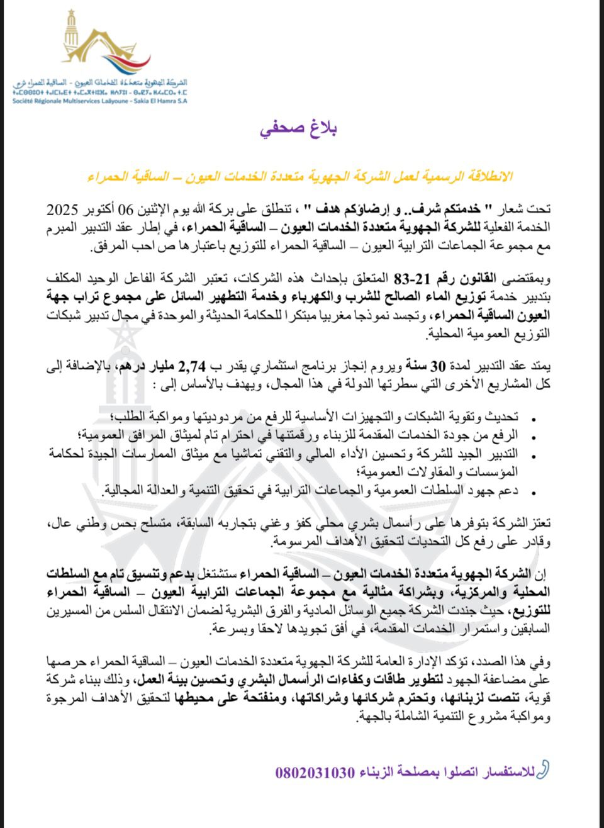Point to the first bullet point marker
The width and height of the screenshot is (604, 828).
point(535,419)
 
